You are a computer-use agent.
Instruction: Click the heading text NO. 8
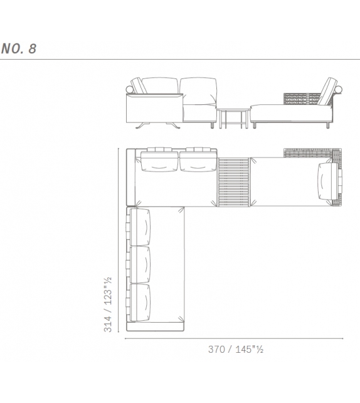click(19, 49)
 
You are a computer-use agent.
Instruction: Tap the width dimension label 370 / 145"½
click(236, 349)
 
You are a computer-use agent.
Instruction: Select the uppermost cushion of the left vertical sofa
click(141, 226)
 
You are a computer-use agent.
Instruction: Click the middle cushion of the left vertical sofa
click(141, 264)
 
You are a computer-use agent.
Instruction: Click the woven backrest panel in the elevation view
click(302, 99)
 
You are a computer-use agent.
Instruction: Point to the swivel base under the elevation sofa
click(157, 124)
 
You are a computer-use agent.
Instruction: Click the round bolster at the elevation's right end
click(341, 92)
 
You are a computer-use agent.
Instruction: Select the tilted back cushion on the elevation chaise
click(327, 92)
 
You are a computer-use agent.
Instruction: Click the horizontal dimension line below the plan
click(232, 338)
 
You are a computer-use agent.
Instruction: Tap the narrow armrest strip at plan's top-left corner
click(131, 179)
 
